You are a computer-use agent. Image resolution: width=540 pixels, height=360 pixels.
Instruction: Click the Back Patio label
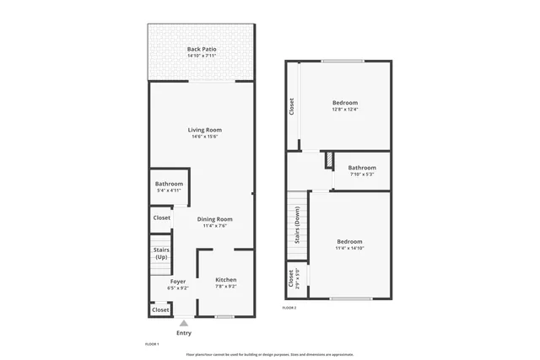[202, 50]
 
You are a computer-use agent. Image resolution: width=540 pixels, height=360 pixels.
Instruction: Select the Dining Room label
[214, 219]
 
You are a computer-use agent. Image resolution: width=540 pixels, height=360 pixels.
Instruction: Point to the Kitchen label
[225, 280]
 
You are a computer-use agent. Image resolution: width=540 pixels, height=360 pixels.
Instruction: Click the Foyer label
[177, 282]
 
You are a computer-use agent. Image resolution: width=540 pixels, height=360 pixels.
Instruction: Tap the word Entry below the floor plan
[183, 333]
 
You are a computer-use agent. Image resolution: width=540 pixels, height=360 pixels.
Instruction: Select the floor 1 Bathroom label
[169, 184]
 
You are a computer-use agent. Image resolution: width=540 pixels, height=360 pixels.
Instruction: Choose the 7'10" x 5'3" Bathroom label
[362, 168]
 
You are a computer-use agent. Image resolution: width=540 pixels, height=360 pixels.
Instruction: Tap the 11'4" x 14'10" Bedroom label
[349, 241]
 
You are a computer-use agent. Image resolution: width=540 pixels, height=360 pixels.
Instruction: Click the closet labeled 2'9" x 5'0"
[292, 277]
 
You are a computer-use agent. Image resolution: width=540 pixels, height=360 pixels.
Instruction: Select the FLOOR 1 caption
[152, 344]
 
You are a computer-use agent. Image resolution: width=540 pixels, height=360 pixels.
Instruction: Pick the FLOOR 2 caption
[289, 309]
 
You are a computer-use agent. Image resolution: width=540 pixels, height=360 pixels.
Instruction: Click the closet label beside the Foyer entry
[160, 310]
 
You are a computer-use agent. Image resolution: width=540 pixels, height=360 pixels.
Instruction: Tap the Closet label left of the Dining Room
[161, 218]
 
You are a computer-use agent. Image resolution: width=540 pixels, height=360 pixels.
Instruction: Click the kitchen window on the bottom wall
[224, 317]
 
